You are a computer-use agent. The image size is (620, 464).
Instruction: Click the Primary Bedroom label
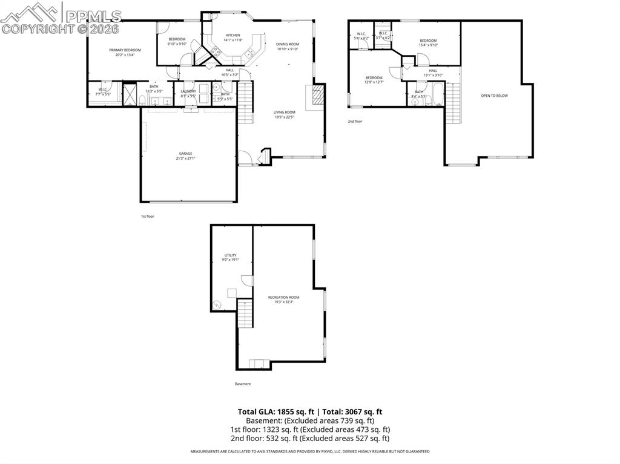[125, 50]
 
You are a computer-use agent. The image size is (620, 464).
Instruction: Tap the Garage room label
[185, 154]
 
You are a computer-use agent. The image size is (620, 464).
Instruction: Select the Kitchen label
[233, 35]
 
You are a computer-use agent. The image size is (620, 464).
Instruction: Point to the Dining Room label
[288, 44]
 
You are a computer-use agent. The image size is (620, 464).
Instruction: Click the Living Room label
[284, 112]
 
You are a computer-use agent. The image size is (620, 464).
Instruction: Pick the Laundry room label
[188, 91]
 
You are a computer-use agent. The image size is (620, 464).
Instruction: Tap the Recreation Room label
[283, 297]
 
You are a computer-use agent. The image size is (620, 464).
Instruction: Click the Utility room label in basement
[230, 255]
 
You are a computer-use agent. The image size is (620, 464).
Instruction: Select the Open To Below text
[494, 96]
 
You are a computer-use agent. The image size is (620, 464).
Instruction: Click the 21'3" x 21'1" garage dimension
[185, 158]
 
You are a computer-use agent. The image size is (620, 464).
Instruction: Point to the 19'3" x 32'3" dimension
[283, 302]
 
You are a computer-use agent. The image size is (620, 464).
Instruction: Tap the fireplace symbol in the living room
[316, 96]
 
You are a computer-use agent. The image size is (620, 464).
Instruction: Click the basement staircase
[244, 314]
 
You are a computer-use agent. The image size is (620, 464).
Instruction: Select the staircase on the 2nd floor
[452, 103]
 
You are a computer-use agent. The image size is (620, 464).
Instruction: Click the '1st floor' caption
[147, 216]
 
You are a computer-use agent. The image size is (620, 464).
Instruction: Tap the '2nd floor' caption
[355, 122]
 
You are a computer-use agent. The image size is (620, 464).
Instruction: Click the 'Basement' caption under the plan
[243, 384]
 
